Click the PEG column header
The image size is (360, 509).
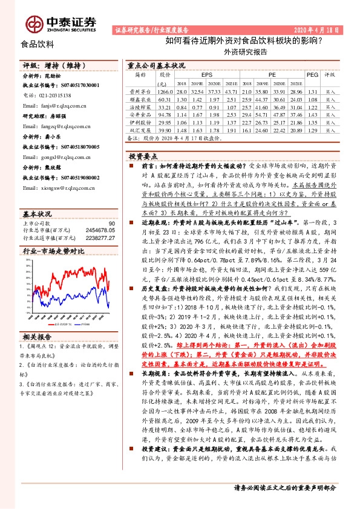(312, 74)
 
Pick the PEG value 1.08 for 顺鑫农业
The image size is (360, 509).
(312, 99)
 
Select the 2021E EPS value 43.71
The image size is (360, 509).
(231, 91)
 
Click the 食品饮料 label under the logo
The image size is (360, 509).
(38, 44)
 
